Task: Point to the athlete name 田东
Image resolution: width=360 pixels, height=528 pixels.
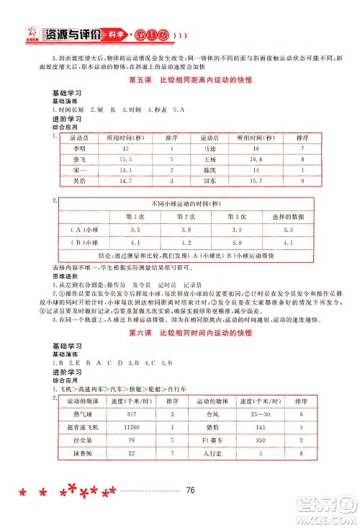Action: [210, 182]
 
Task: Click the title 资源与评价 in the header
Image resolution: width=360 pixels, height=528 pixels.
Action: [71, 33]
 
